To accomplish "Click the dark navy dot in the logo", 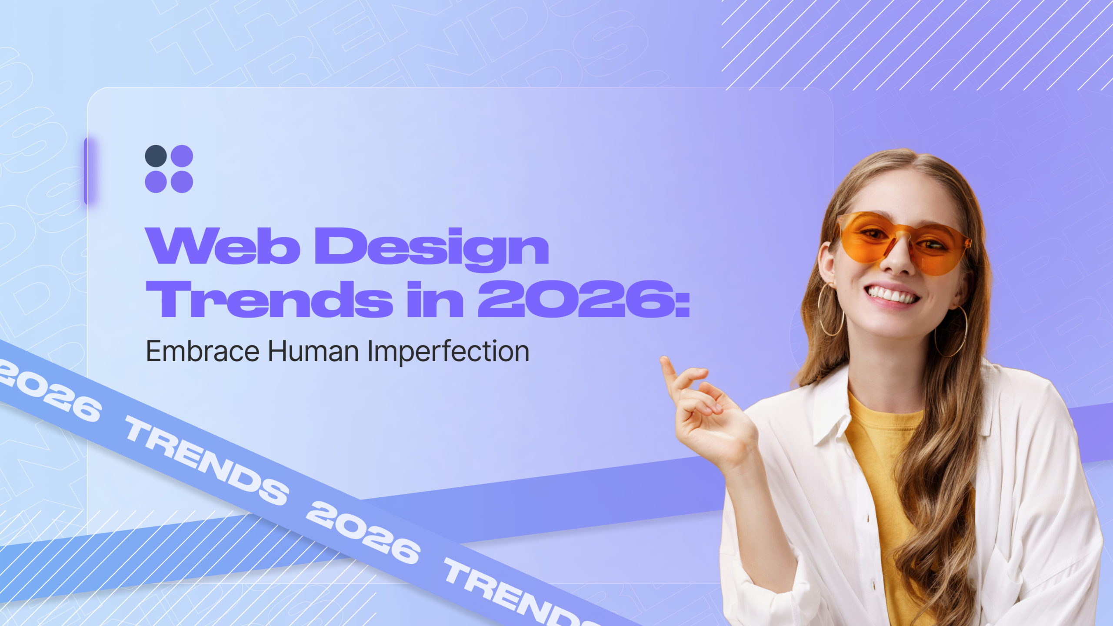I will [156, 156].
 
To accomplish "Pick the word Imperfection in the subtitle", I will [448, 352].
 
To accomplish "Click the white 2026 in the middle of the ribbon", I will [363, 532].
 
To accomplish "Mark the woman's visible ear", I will [826, 265].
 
